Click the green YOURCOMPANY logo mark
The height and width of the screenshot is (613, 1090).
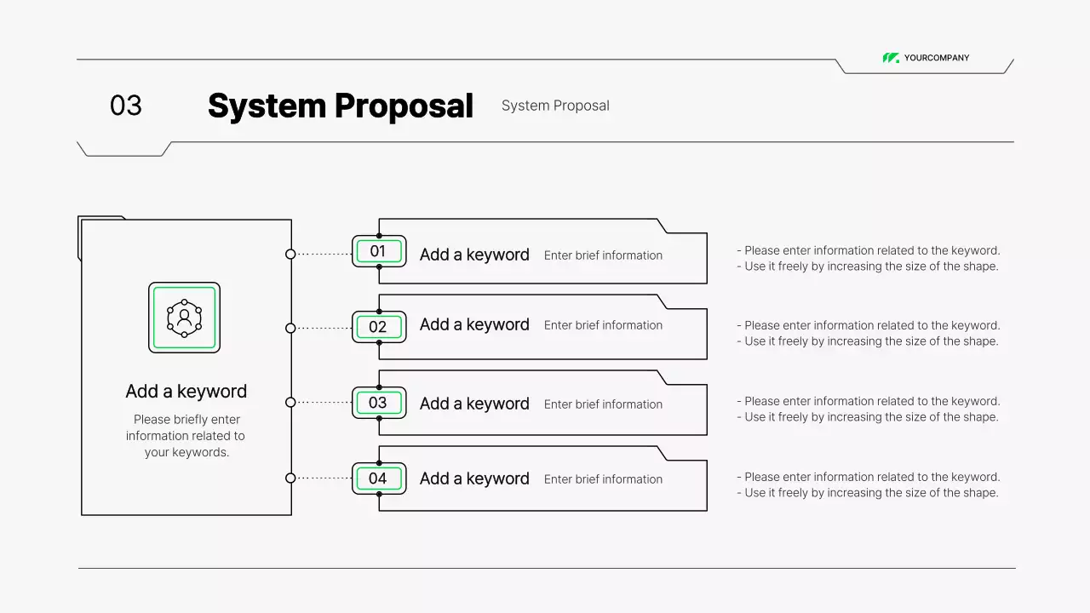tap(891, 58)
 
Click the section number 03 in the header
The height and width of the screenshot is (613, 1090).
tap(126, 106)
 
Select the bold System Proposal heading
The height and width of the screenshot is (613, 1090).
tap(340, 106)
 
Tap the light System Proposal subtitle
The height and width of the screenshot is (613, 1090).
tap(555, 106)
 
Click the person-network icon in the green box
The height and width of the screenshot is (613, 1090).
tap(184, 318)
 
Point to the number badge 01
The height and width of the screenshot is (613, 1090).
tap(378, 251)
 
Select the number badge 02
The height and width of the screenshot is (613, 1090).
tap(378, 327)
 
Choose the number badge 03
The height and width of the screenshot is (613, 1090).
tap(378, 403)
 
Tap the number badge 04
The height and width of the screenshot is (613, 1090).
tap(378, 478)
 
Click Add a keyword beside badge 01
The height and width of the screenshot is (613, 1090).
tap(474, 255)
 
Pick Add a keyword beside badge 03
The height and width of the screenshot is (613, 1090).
tap(474, 404)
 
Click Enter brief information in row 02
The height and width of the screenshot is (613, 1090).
tap(603, 325)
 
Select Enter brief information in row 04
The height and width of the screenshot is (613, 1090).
tap(603, 479)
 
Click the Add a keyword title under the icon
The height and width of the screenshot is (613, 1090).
tap(186, 392)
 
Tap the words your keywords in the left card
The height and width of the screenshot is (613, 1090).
tap(186, 452)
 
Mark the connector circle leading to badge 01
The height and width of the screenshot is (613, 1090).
tap(290, 254)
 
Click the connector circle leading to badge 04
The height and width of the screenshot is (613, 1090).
tap(290, 478)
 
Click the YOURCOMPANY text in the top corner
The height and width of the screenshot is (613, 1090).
tap(937, 58)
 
